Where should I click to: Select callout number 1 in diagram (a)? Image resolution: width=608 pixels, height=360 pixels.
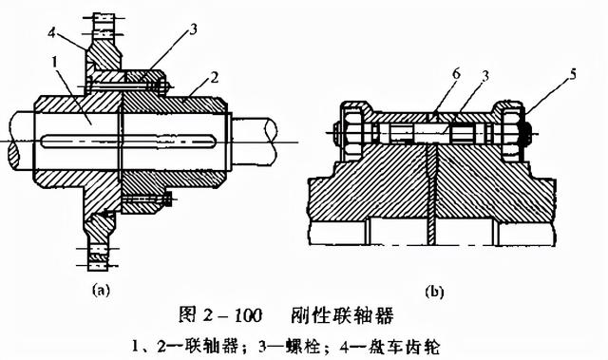[x=55, y=62]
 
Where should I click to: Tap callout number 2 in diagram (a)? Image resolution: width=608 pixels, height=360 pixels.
[x=214, y=78]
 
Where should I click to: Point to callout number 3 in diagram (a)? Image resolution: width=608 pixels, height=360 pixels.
[x=192, y=29]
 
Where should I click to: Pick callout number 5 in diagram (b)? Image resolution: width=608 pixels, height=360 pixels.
[x=572, y=74]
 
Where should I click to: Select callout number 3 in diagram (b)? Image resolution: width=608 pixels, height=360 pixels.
[x=484, y=76]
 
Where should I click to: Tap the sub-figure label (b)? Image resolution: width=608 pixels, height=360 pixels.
[x=434, y=291]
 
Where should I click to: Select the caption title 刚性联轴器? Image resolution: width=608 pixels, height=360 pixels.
[x=342, y=315]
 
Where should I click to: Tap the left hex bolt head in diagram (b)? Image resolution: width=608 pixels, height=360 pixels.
[x=351, y=132]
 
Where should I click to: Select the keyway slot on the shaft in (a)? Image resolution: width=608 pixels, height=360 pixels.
[x=129, y=141]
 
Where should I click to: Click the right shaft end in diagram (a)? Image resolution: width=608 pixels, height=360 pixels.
[x=254, y=141]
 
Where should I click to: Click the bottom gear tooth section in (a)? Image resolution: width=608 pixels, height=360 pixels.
[x=99, y=256]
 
